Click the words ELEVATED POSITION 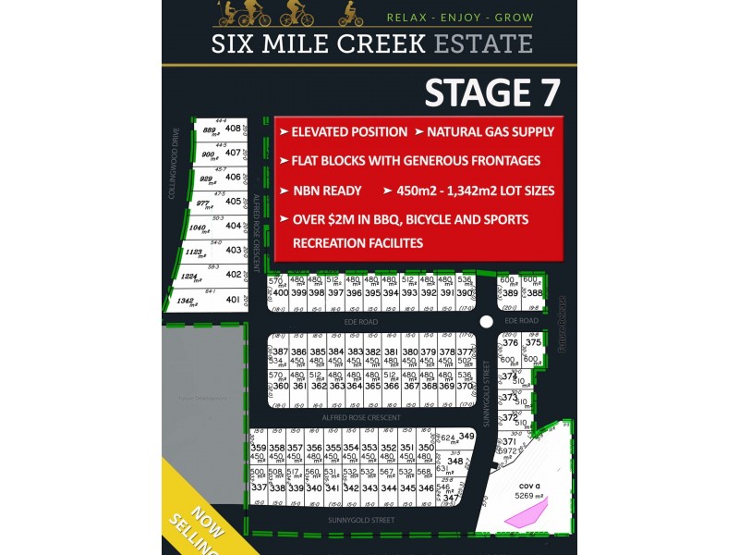coord(348,132)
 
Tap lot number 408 coord(233,129)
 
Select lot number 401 coord(233,299)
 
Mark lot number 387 coord(280,352)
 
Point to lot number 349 coord(466,437)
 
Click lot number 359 coord(260,448)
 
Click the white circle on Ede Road coord(486,322)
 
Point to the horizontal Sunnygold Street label coord(362,520)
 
